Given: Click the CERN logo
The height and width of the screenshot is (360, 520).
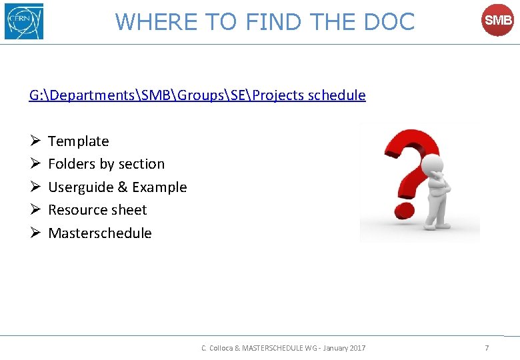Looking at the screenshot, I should tap(24, 21).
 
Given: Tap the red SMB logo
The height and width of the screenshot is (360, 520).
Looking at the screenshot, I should tap(497, 21).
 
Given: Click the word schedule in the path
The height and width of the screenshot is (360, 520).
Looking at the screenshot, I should tap(337, 95).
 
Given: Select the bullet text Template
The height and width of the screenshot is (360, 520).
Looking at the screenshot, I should tap(78, 141).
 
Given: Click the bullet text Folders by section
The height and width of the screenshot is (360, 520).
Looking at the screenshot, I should tap(106, 164).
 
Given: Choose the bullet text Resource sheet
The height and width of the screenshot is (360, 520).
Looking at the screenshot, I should tap(97, 210).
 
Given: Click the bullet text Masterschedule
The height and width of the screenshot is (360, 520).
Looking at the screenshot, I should tap(100, 233).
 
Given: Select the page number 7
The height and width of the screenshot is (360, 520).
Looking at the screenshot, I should tap(487, 348).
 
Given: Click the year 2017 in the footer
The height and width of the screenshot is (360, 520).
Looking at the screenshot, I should tap(357, 348).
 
